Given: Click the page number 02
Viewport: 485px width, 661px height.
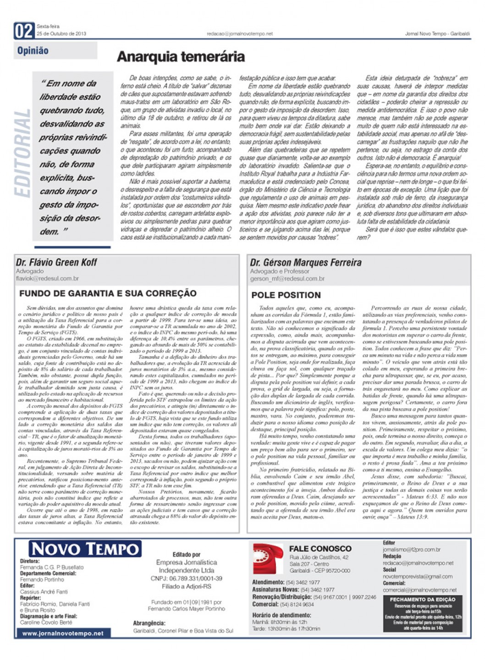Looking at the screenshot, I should [24, 31].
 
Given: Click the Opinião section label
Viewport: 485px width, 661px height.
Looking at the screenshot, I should [33, 51].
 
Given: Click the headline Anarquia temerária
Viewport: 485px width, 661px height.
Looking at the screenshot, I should [181, 57].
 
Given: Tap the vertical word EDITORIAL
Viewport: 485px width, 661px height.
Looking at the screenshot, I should [22, 153].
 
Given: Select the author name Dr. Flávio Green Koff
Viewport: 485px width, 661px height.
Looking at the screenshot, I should [56, 262].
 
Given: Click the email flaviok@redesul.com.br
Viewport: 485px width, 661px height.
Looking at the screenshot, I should [47, 278].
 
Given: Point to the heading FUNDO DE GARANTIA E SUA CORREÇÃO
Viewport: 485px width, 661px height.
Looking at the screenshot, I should [108, 293].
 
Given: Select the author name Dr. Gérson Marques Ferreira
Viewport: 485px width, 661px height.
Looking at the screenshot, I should [305, 262].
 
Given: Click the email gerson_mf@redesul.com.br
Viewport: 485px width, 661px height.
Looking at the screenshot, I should [287, 279].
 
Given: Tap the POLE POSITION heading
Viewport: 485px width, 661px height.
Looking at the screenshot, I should [286, 295].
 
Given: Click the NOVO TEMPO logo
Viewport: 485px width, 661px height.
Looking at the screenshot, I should [85, 549].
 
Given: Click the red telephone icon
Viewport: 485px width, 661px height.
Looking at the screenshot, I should [268, 558].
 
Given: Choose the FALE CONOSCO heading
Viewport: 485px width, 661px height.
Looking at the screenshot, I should [320, 548].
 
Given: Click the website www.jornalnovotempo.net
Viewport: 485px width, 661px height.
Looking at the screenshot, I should [63, 634].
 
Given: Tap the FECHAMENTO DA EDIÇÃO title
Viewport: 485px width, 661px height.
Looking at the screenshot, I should [422, 599].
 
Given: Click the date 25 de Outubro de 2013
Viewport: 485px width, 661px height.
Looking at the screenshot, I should [61, 33].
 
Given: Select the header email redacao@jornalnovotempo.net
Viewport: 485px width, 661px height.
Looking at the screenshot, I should [239, 33].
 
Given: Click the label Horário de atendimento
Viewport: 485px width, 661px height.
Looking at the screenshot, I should [281, 615].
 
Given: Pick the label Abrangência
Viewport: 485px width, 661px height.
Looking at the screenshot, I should [149, 623].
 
